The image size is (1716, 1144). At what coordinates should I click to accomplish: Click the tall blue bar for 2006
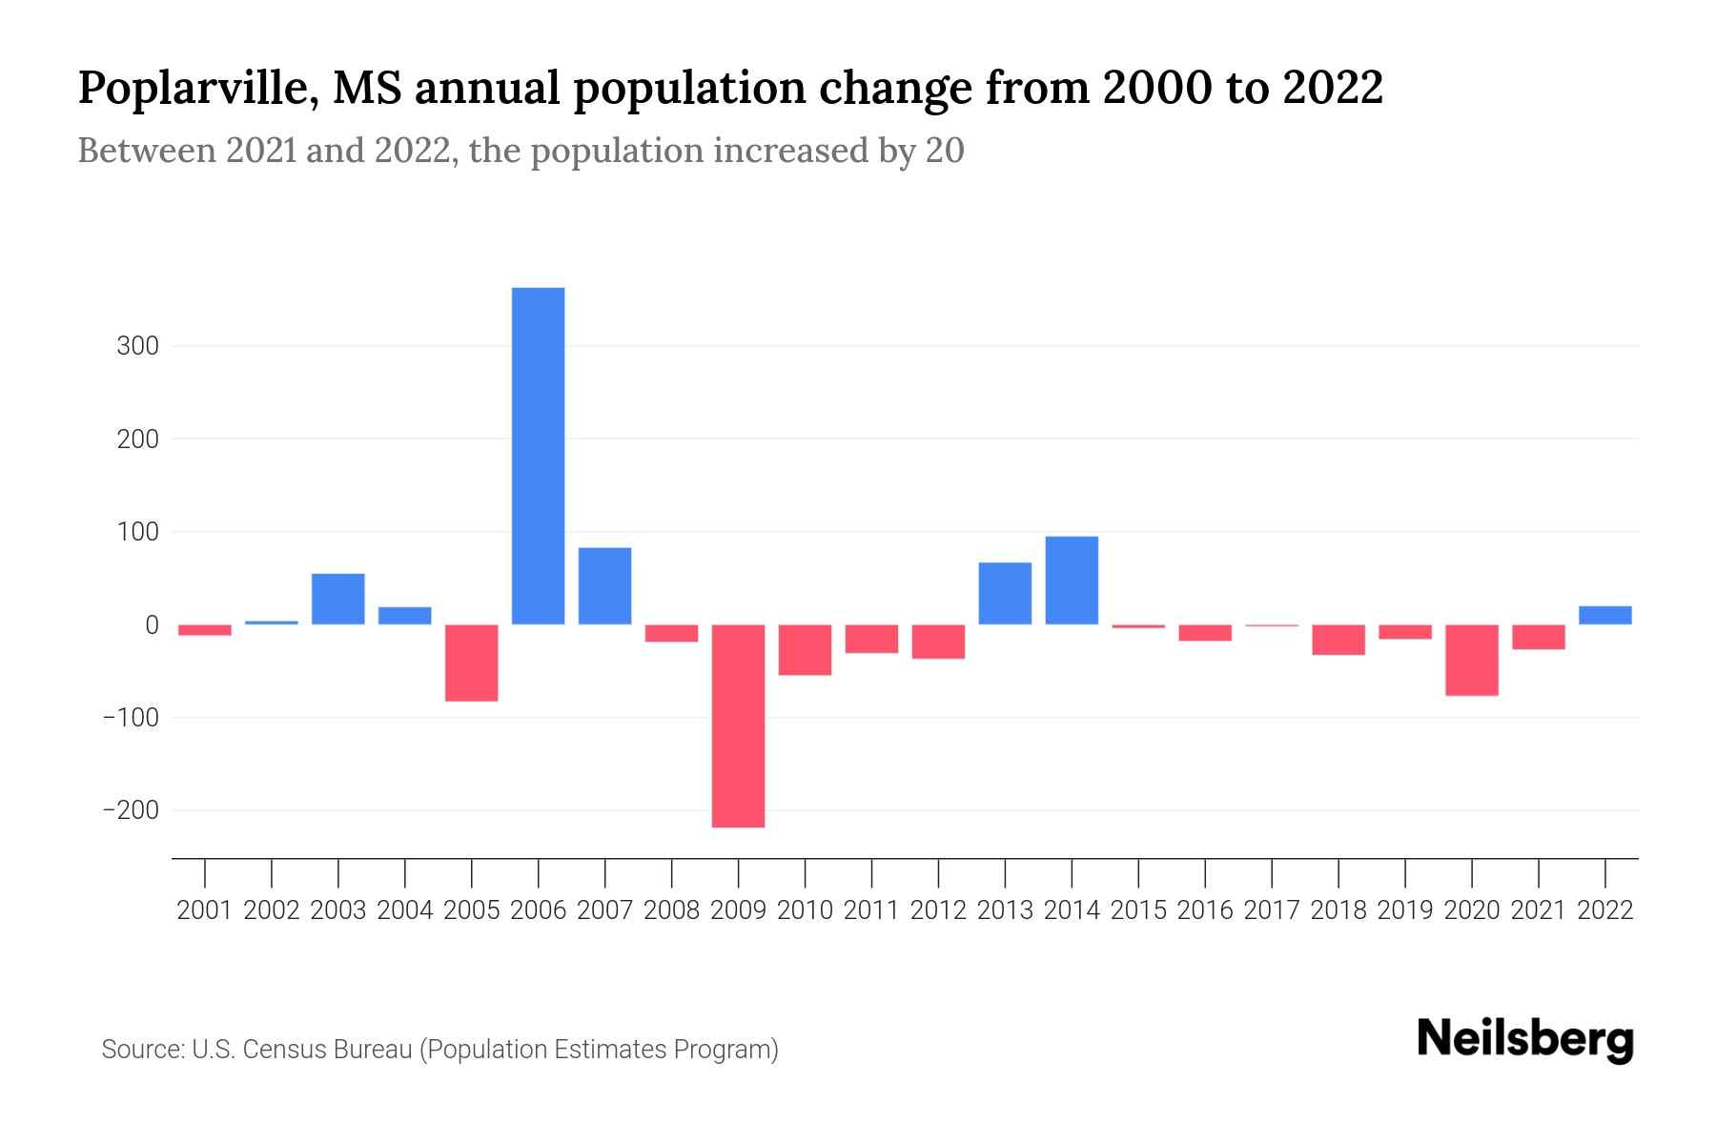pyautogui.click(x=538, y=456)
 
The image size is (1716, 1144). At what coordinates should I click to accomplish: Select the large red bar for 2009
pyautogui.click(x=738, y=725)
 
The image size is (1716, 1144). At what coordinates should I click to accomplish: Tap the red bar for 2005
pyautogui.click(x=471, y=663)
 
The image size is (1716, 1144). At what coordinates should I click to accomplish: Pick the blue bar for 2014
pyautogui.click(x=1072, y=581)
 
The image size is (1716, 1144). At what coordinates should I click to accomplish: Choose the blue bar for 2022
pyautogui.click(x=1604, y=615)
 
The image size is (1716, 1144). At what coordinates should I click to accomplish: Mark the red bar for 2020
pyautogui.click(x=1471, y=660)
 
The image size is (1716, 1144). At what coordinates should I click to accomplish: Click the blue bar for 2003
pyautogui.click(x=337, y=599)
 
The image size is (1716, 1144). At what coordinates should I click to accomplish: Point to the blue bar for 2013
pyautogui.click(x=1005, y=593)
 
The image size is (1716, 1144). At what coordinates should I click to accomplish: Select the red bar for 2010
pyautogui.click(x=805, y=649)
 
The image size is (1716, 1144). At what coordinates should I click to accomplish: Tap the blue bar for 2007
pyautogui.click(x=604, y=585)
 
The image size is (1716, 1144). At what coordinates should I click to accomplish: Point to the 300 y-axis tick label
pyautogui.click(x=137, y=346)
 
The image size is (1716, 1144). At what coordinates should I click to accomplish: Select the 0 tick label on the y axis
pyautogui.click(x=152, y=625)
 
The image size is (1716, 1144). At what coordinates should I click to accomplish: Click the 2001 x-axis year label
pyautogui.click(x=205, y=910)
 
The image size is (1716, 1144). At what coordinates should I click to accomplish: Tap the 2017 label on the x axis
pyautogui.click(x=1271, y=910)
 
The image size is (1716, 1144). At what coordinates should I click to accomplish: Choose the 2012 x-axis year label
pyautogui.click(x=938, y=910)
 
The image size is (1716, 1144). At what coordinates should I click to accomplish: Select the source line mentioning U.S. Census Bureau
pyautogui.click(x=439, y=1050)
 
